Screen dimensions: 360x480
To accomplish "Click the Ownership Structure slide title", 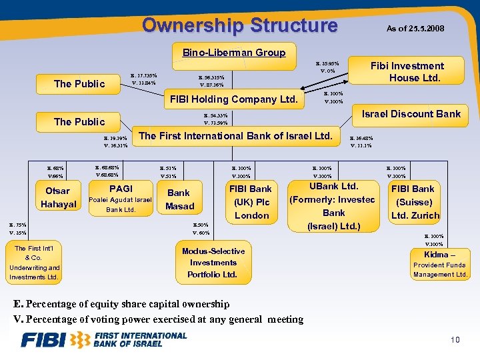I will coord(240,25).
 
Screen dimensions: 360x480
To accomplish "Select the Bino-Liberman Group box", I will coord(234,53).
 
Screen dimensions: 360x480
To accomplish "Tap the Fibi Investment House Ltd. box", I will coord(407,72).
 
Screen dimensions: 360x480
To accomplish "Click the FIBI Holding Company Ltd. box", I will coord(233,99).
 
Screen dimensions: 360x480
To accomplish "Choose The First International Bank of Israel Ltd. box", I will coord(235,136).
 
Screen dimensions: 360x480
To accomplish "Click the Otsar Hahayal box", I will coord(57,198).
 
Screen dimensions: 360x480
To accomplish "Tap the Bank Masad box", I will coord(180,199).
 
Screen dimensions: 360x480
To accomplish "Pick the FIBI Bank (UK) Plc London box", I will coord(251,202).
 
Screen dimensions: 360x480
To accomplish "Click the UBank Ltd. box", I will coord(333,206).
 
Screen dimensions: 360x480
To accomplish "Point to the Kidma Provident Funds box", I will coord(439,265).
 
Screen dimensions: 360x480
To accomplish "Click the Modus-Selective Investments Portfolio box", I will coord(213,263).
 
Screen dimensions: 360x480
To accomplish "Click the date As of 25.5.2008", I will coord(415,29).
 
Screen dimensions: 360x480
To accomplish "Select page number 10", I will coord(455,341).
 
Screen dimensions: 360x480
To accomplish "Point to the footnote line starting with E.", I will coord(122,304).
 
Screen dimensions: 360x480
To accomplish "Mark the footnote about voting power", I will coord(159,319).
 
